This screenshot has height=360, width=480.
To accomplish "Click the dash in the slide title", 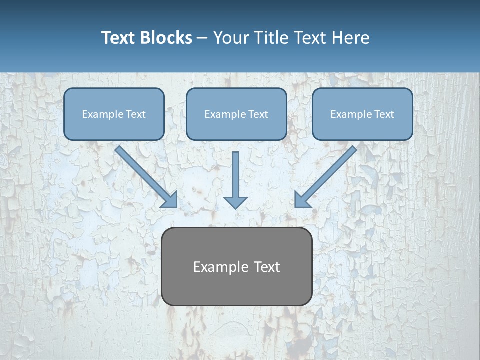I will pos(202,38).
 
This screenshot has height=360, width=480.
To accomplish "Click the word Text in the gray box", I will pos(267,267).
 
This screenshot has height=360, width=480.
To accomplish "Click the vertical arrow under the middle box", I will pos(235,175).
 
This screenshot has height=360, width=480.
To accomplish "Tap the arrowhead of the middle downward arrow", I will pos(235,202).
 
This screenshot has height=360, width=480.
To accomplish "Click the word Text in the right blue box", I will pos(384,114).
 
